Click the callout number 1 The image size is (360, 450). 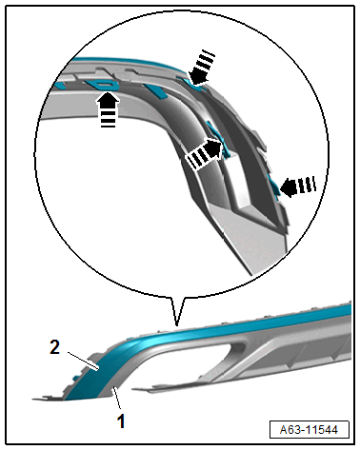[121, 421]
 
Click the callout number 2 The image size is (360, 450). [55, 347]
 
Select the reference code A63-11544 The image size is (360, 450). [309, 430]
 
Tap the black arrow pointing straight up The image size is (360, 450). [108, 109]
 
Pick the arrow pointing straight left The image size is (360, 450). [298, 186]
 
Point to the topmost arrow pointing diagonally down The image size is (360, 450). [201, 68]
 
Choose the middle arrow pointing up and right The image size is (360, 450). [204, 153]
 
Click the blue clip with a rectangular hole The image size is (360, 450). [102, 85]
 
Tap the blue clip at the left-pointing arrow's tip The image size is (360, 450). [275, 186]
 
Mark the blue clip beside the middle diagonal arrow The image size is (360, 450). [219, 140]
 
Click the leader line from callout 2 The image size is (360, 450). [82, 360]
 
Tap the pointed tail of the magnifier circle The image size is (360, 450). [177, 324]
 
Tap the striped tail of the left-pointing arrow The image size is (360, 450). [307, 185]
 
